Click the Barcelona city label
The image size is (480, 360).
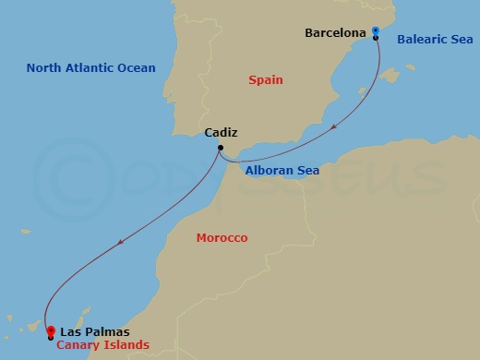point(336,34)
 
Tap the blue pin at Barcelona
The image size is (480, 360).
point(376,30)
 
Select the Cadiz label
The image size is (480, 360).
point(221,133)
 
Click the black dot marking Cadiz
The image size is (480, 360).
point(221,148)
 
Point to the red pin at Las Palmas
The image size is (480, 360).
point(51,330)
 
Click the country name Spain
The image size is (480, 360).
point(266,80)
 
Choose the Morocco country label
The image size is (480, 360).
point(222,238)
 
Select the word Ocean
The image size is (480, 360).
point(137,68)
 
